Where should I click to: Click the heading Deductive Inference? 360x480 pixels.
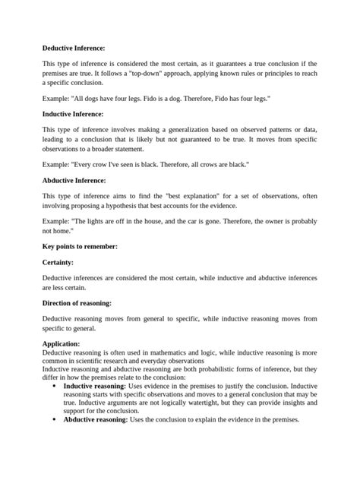[73, 48]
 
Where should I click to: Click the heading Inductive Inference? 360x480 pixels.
[72, 113]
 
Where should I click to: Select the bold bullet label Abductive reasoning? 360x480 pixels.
[96, 419]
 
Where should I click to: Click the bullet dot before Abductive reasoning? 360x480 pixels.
[54, 419]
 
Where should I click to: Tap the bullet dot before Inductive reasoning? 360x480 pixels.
[54, 386]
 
